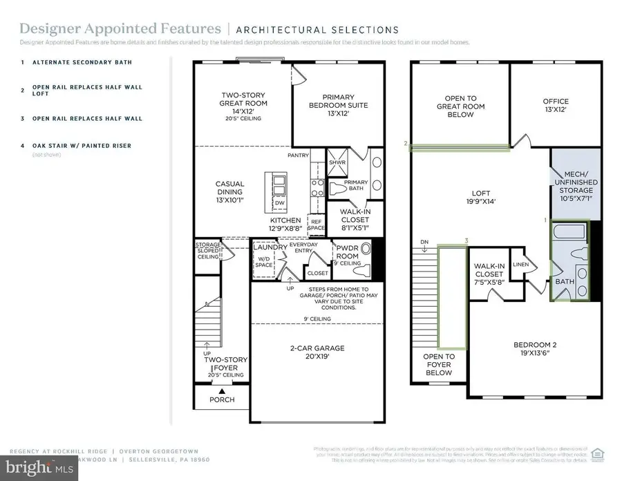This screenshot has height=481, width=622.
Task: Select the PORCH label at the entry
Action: click(221, 399)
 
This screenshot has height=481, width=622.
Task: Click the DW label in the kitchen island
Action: click(279, 203)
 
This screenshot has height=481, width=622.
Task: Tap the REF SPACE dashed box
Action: click(316, 224)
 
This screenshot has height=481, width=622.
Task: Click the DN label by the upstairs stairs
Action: click(424, 242)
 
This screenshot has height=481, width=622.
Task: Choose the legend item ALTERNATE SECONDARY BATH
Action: click(76, 62)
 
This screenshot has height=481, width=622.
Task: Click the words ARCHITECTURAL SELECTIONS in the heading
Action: click(317, 30)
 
